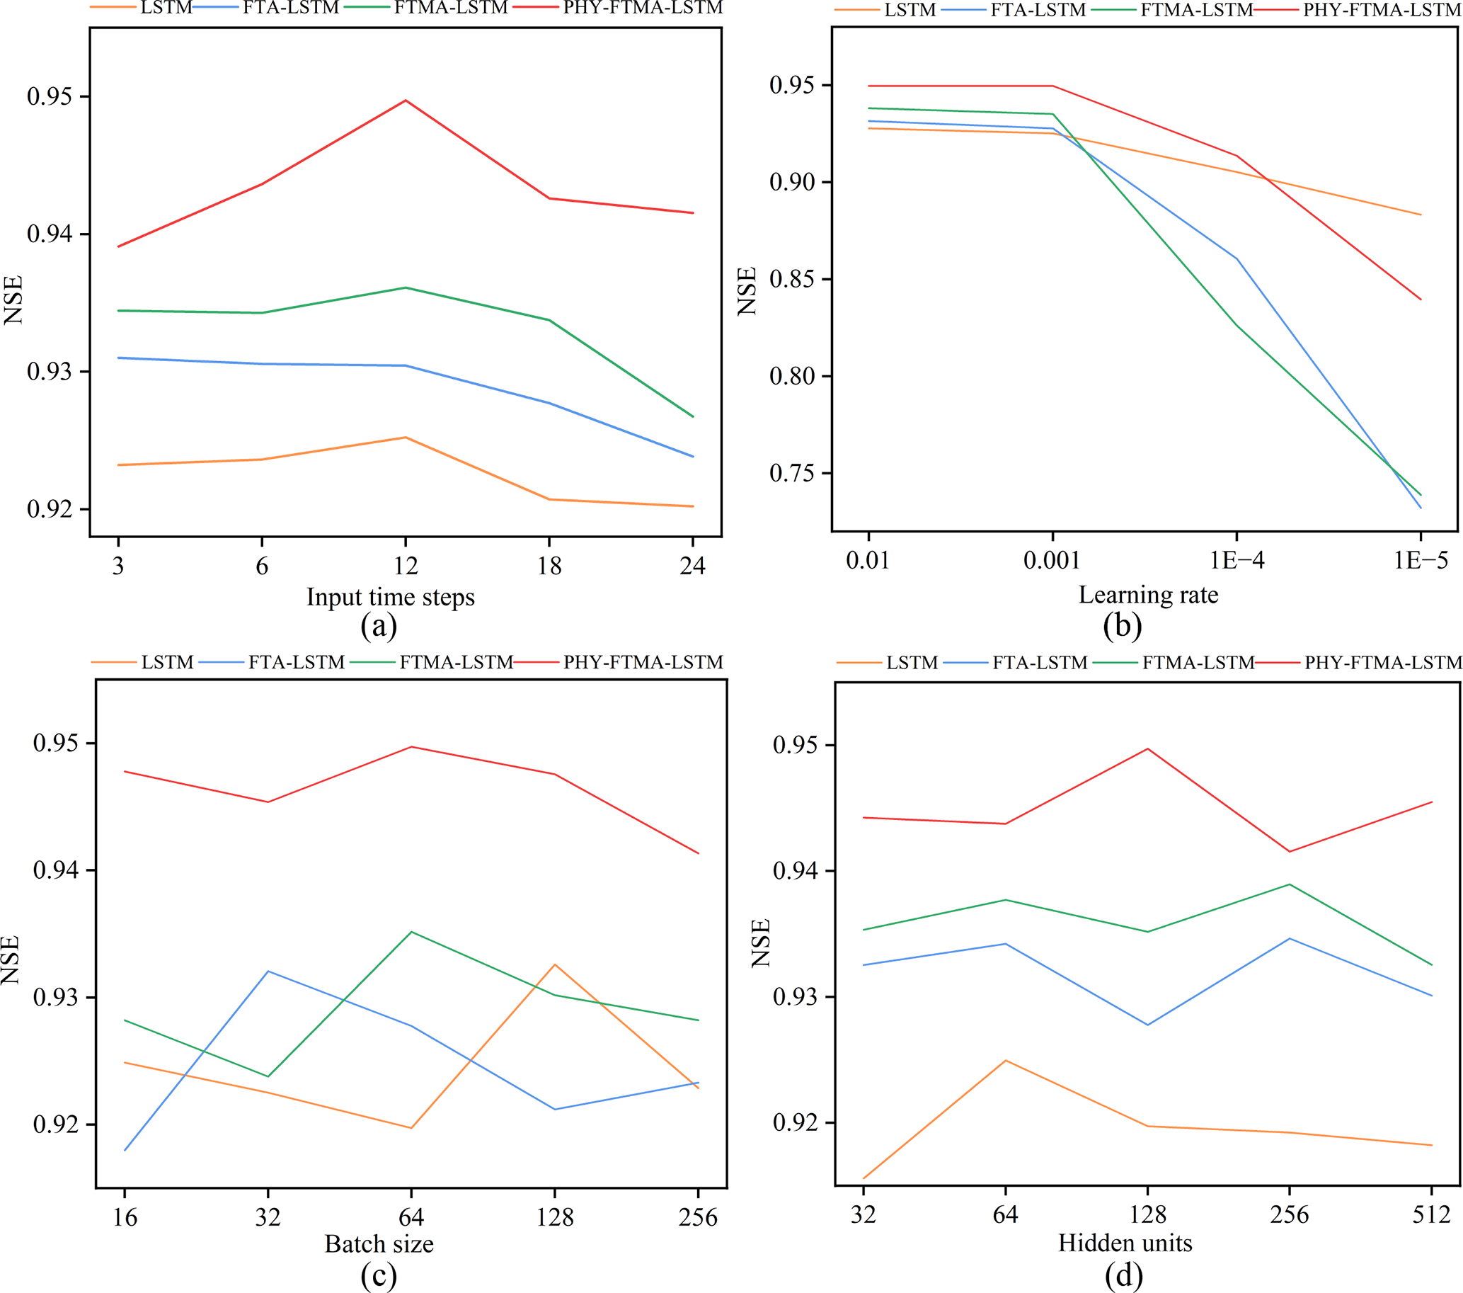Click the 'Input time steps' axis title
[x=390, y=597]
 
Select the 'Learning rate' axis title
[x=1148, y=595]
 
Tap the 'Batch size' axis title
[x=379, y=1243]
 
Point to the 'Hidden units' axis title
[x=1125, y=1242]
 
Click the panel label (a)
[x=379, y=627]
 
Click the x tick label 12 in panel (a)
[x=406, y=566]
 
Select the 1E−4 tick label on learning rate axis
[x=1237, y=561]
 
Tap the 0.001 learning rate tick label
[x=1052, y=561]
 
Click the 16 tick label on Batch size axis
[x=125, y=1217]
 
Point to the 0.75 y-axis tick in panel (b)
[x=791, y=473]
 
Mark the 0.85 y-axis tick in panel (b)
[x=791, y=279]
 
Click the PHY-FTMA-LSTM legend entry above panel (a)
[x=643, y=8]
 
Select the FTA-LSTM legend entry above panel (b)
[x=1038, y=10]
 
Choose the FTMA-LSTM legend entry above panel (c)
[x=456, y=662]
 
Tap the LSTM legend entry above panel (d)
[x=912, y=663]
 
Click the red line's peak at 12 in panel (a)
[x=406, y=101]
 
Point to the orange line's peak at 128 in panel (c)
[x=555, y=964]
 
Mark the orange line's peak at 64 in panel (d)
[x=1006, y=1060]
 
